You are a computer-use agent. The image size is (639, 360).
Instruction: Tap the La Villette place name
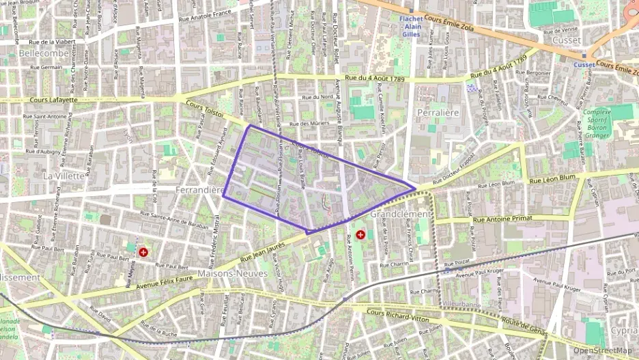63,176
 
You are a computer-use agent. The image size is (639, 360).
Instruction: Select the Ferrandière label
200,189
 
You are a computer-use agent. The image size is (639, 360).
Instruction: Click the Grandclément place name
400,214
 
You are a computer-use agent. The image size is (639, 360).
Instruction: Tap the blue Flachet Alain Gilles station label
412,26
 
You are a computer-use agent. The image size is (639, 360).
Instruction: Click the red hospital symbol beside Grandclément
360,235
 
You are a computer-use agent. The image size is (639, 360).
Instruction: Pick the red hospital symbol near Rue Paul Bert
143,252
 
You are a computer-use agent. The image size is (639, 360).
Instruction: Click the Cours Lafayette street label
54,100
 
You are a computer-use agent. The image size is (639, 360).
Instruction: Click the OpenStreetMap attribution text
602,350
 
